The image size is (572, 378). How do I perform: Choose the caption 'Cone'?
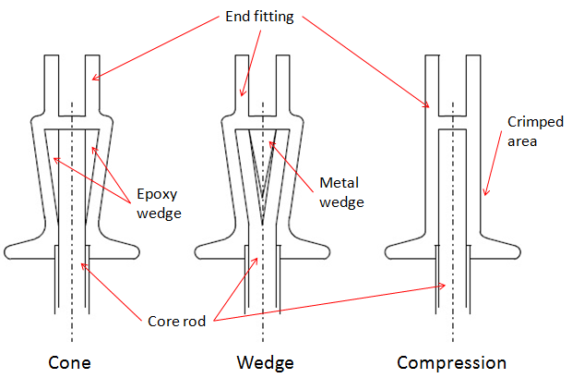[72, 361]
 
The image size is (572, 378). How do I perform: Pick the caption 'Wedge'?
[264, 361]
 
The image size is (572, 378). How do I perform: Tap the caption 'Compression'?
[451, 361]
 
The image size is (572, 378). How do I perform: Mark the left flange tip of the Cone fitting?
[9, 250]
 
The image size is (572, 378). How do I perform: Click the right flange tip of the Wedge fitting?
[328, 250]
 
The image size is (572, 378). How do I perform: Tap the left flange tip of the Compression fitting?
[387, 250]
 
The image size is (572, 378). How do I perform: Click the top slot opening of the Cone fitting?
[72, 83]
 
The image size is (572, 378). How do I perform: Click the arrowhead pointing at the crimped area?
[483, 195]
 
